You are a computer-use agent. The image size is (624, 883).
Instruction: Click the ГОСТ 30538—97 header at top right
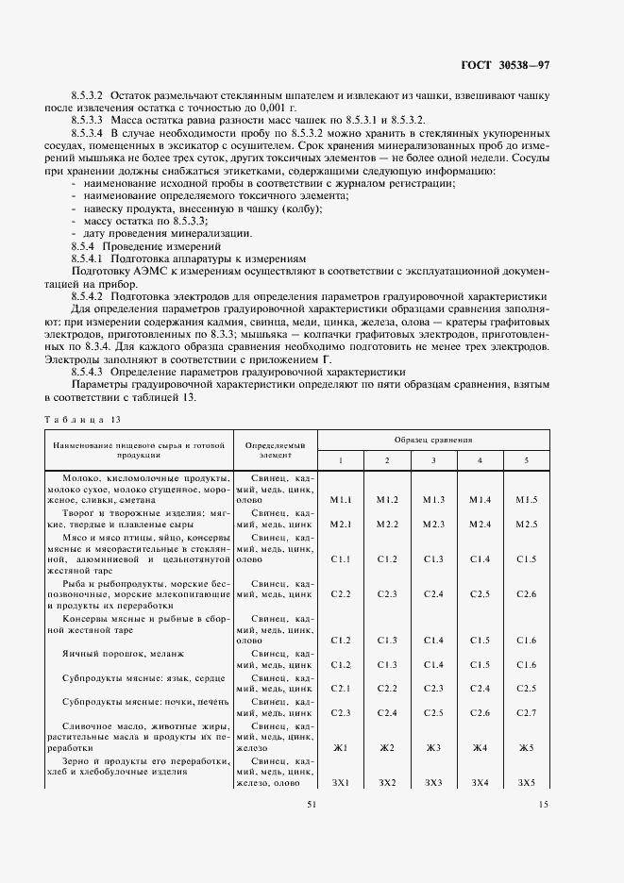[x=518, y=65]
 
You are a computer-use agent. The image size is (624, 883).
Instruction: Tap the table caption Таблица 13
[x=82, y=418]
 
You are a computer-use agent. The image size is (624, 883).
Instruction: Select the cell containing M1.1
[x=341, y=499]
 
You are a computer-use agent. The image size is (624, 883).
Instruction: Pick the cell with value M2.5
[x=526, y=524]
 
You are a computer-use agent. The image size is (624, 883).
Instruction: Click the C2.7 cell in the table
[x=526, y=712]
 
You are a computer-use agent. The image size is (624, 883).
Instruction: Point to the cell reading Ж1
[x=341, y=748]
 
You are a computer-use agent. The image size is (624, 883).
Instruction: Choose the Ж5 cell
[x=526, y=748]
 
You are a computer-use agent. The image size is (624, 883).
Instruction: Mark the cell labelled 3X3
[x=433, y=783]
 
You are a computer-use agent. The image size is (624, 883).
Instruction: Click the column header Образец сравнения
[x=433, y=441]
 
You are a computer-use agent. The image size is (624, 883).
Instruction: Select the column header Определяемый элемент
[x=276, y=449]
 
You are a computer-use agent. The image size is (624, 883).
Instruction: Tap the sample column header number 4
[x=480, y=459]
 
